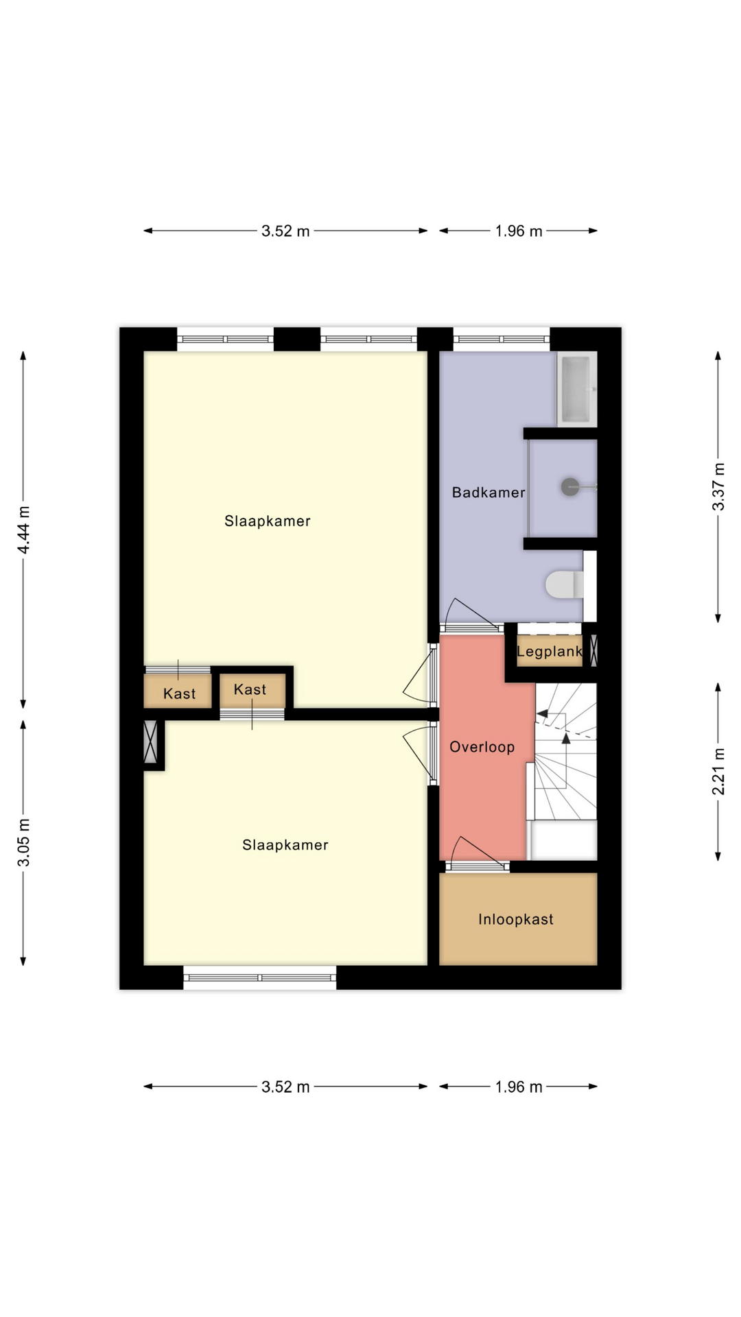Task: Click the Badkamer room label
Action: pos(489,493)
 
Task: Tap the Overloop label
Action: pos(482,747)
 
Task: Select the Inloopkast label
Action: pos(516,919)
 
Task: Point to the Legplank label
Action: pos(549,652)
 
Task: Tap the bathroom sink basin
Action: pos(576,388)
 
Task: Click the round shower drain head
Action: pos(570,487)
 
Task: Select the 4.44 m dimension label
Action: pos(24,530)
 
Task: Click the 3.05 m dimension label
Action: pos(24,842)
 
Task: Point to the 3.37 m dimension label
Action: pos(718,486)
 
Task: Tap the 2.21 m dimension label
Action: pos(718,772)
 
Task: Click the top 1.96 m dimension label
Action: pos(519,231)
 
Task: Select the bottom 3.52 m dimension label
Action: pos(285,1087)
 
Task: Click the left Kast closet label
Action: pos(179,694)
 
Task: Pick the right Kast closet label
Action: pos(250,689)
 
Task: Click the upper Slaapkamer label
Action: pos(268,521)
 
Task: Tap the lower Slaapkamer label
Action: pos(285,845)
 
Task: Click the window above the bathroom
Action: pos(502,339)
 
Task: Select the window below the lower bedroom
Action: pos(260,977)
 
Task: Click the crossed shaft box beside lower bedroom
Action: pos(150,741)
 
